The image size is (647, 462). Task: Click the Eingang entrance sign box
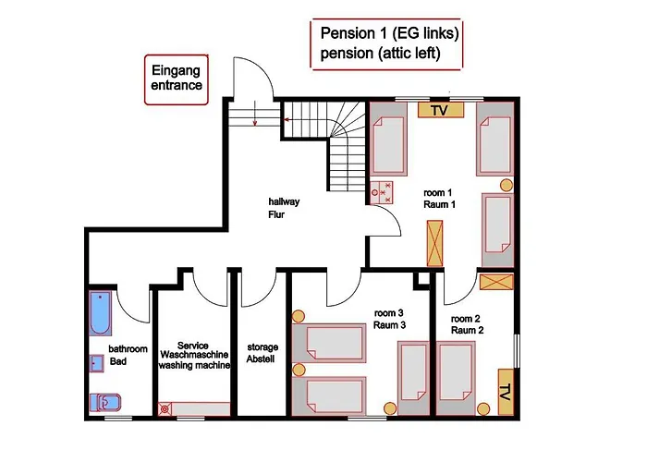coord(177,79)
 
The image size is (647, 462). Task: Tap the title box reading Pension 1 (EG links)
coord(387,43)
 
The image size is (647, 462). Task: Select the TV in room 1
coord(441,110)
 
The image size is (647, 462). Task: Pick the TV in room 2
coord(506,392)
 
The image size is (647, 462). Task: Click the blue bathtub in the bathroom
coord(100,314)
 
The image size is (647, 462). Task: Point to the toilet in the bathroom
coord(105,403)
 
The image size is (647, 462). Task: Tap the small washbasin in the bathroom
coord(97,363)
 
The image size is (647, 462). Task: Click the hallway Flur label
coord(284,208)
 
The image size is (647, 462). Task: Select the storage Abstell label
coord(262,353)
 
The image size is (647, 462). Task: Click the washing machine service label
coord(194,355)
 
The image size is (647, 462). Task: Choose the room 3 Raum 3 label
coord(389,320)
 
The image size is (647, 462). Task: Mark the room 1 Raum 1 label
coord(439,199)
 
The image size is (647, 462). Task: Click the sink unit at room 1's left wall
coord(381,192)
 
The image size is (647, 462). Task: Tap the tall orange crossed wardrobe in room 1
coord(434,243)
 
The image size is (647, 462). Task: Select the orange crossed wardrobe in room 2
coord(497,282)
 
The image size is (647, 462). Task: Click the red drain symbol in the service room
coord(165,408)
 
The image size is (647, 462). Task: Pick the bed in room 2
coord(456,377)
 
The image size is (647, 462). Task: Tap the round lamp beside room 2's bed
coord(483,408)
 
